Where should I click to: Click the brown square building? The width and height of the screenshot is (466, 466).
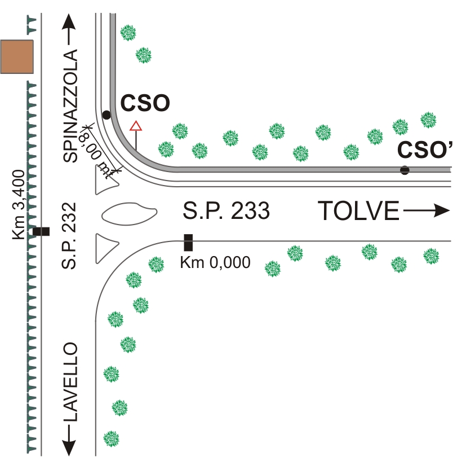(17, 56)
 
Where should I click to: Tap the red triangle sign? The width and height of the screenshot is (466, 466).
(136, 126)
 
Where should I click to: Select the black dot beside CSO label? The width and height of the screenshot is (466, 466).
(106, 115)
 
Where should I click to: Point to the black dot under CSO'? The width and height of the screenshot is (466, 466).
(405, 170)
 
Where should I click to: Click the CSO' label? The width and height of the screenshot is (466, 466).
(425, 150)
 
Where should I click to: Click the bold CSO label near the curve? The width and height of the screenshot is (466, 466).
(145, 103)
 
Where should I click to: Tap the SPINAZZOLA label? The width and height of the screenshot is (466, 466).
(70, 106)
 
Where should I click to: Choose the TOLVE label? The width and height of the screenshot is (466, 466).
(358, 210)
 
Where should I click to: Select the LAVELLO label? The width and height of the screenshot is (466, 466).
(70, 382)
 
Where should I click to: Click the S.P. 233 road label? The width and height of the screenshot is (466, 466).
(226, 210)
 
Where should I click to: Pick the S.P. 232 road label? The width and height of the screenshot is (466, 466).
(69, 236)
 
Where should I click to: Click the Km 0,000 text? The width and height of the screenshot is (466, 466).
(215, 262)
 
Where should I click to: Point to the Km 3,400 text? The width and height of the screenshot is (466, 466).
(19, 204)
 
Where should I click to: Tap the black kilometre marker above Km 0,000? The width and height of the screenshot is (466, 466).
(188, 243)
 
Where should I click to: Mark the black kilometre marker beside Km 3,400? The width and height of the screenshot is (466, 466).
(41, 231)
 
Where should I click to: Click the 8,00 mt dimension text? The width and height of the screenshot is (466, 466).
(95, 155)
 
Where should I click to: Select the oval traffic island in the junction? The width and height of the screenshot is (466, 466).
(129, 214)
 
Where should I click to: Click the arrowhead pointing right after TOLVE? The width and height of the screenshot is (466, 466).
(442, 210)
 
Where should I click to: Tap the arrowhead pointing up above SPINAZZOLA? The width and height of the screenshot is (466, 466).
(69, 22)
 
